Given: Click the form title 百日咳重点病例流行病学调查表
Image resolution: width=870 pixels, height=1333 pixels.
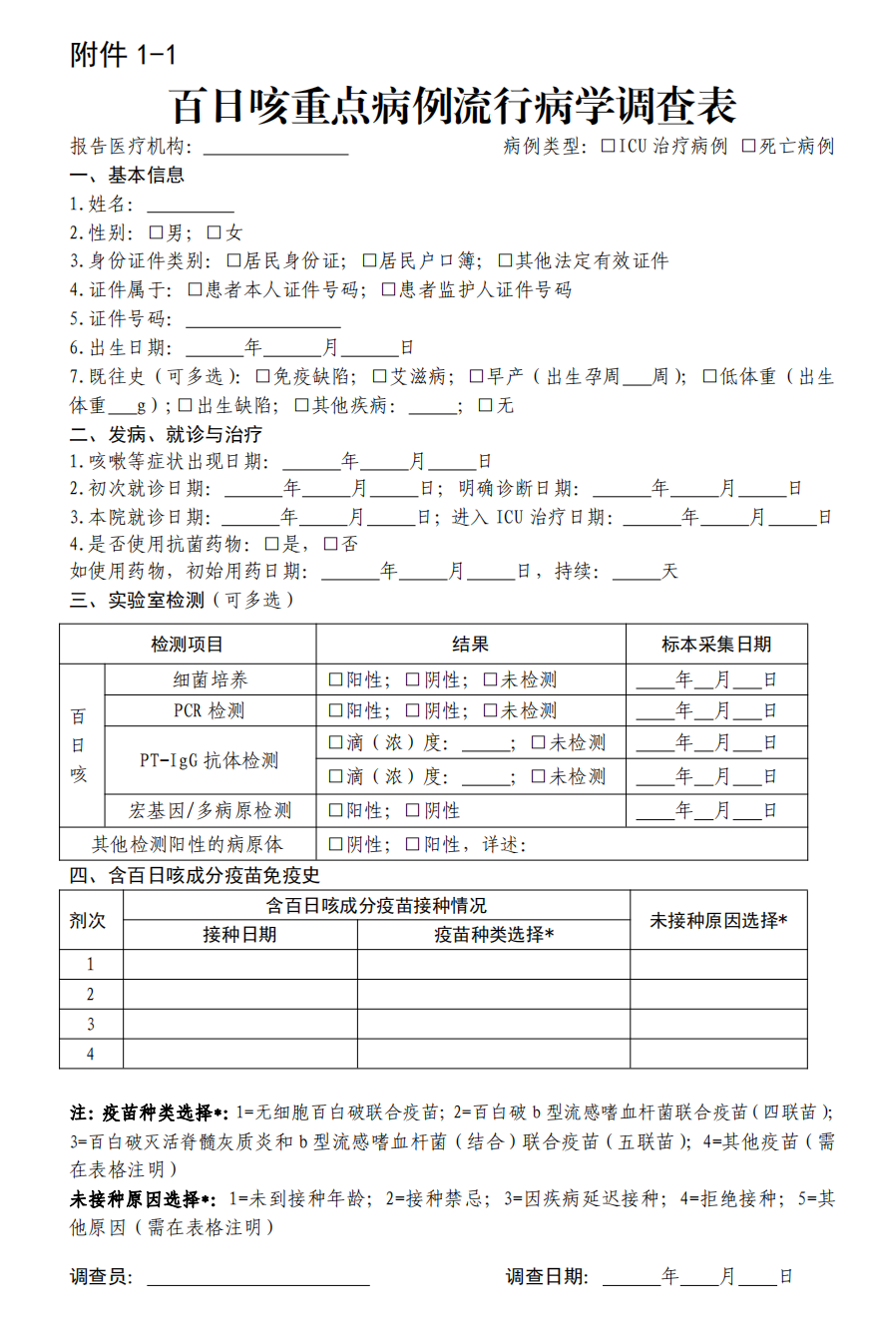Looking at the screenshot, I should coord(453,104).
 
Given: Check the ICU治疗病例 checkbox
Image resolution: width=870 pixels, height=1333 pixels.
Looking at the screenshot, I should coord(609,147).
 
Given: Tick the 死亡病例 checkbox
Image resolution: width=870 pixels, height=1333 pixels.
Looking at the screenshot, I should coord(748,147).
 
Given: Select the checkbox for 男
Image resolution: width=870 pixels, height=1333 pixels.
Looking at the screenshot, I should coord(156,233).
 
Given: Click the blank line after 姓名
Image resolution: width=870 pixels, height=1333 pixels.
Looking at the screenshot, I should coord(191,207).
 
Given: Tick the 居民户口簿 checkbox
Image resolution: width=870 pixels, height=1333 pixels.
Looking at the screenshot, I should coord(369,261).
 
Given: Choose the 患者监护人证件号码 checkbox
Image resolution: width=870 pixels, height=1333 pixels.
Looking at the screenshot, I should coord(388,290).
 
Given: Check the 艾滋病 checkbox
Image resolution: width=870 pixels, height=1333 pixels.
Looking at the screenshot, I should coord(379,377).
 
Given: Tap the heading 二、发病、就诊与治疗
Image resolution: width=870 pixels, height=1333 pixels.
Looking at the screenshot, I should coord(166,435).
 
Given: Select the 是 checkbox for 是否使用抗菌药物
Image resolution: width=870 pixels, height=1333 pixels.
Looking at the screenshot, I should coord(271,545).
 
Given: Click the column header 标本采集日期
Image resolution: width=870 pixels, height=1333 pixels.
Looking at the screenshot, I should coord(716,645).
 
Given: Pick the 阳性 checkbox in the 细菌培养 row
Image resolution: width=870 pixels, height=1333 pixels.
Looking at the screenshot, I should coord(336,680).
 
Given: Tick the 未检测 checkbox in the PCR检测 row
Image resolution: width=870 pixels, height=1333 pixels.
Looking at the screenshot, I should coord(490,711).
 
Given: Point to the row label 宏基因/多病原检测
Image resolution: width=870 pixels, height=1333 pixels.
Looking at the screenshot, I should coord(211,810).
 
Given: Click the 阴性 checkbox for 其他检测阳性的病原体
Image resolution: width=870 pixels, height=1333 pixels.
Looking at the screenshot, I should coord(336,845).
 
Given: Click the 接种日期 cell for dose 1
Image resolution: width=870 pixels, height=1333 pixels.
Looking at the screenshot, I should coord(239,964).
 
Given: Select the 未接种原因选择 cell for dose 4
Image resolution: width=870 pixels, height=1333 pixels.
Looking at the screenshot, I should coord(718,1054).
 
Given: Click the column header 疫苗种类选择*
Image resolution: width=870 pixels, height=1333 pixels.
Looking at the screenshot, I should coord(494,935).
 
